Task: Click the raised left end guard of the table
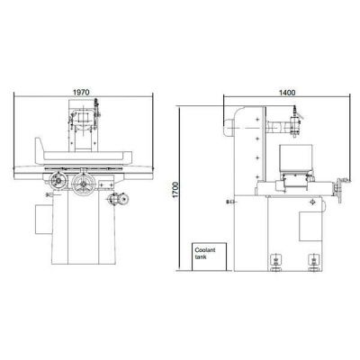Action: point(37,148)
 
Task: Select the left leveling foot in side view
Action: point(274,262)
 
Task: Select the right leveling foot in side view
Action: point(312,262)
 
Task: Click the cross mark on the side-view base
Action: point(311,204)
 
